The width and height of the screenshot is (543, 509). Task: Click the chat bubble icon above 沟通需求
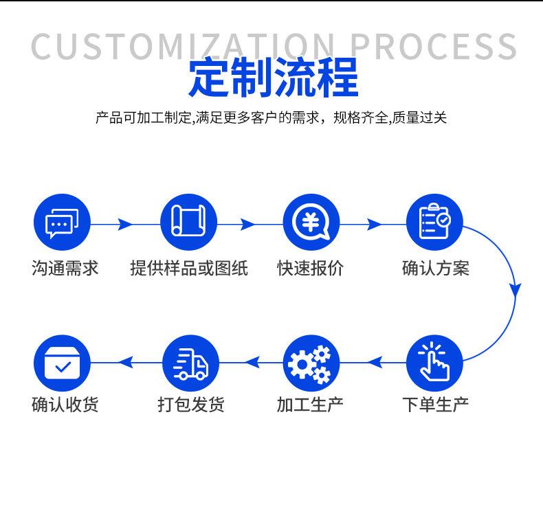tap(62, 223)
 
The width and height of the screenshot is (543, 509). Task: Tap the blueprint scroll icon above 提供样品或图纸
tap(188, 223)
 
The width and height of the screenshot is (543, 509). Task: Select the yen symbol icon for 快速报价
tap(311, 223)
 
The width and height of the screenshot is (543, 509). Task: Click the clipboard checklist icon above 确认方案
tap(434, 223)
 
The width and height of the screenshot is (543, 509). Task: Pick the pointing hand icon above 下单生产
tap(434, 363)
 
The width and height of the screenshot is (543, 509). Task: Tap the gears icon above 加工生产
tap(311, 363)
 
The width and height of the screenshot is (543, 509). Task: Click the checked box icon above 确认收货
tap(62, 363)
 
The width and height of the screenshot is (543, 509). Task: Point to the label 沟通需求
tap(65, 268)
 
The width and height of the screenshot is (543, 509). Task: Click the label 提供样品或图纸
tap(189, 268)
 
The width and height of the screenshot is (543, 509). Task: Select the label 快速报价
tap(311, 268)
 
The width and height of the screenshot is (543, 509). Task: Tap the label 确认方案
tap(436, 268)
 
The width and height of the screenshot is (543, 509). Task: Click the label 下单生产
tap(436, 404)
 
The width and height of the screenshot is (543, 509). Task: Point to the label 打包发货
tap(190, 404)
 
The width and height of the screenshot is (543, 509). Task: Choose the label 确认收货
tap(65, 404)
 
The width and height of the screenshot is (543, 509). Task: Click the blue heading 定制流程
tap(273, 79)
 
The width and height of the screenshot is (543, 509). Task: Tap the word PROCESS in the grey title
tap(433, 46)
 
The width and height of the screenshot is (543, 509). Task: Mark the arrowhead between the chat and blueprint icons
tap(124, 224)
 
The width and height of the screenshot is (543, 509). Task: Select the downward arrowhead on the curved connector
tap(515, 289)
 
